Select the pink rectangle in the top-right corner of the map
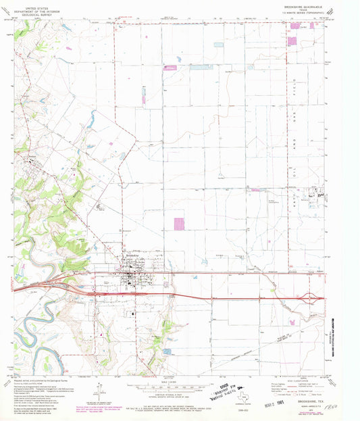(292, 41)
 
